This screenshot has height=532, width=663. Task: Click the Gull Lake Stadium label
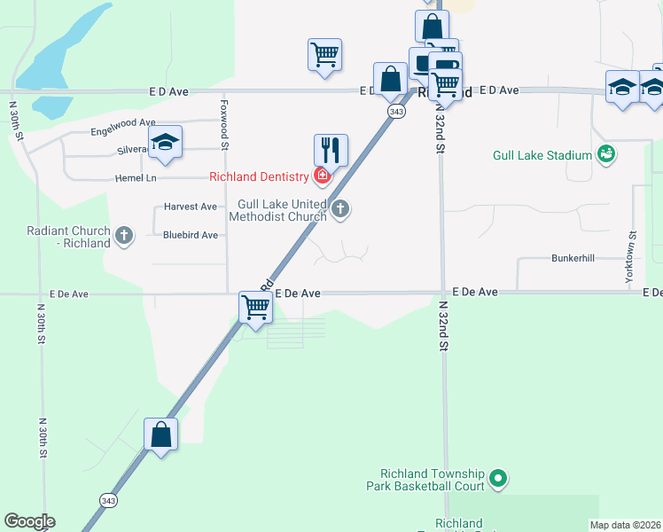542,156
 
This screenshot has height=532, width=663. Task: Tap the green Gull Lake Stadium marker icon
606,155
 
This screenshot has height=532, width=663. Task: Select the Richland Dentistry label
259,176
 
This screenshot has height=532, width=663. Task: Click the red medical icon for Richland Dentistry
323,176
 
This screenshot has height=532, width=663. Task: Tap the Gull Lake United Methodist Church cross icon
340,209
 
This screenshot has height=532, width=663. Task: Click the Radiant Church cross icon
124,236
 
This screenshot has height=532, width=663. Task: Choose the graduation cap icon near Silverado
164,143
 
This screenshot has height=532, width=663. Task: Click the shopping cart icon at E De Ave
256,309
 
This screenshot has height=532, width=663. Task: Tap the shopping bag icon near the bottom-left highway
160,434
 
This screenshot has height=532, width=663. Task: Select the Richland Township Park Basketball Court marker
498,480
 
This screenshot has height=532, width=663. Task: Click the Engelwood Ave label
122,132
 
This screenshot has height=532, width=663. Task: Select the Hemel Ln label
136,178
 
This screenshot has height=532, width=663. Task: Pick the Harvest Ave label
190,207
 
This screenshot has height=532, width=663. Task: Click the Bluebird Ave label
190,235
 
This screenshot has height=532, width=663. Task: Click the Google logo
29,520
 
